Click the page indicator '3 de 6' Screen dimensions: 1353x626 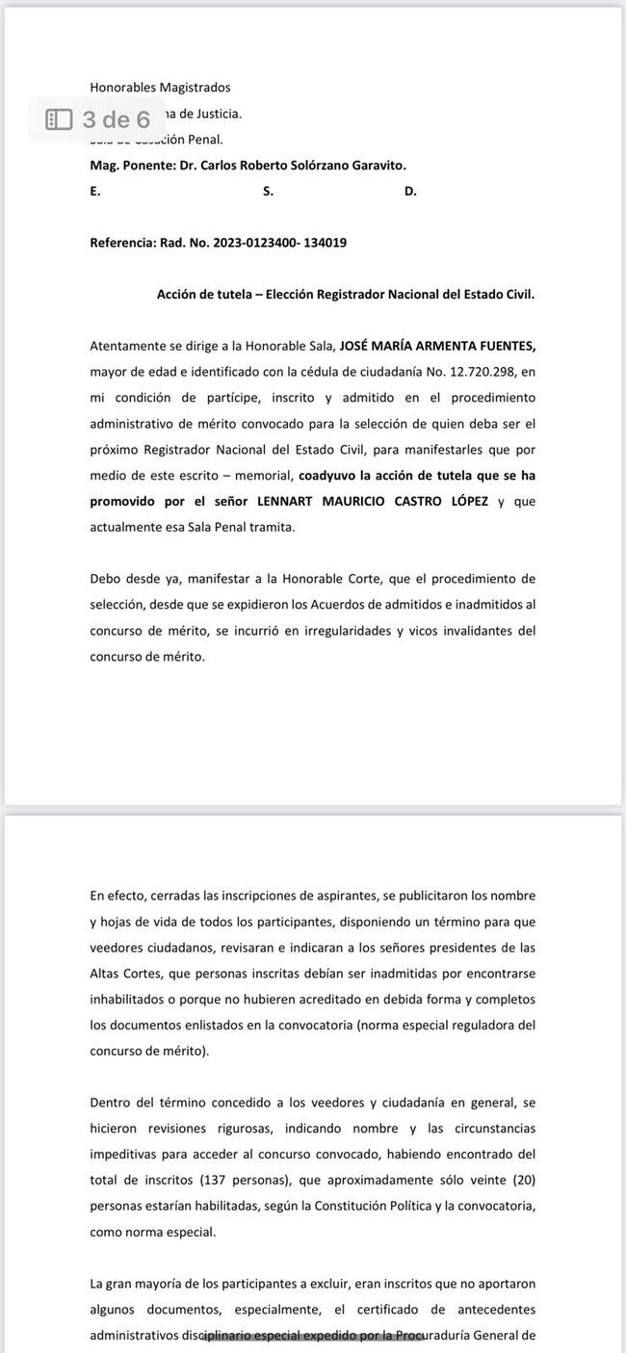tap(117, 119)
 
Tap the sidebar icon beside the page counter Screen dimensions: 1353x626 tap(60, 119)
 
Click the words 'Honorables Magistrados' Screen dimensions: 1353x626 tap(160, 88)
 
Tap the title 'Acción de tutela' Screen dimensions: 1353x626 tap(204, 295)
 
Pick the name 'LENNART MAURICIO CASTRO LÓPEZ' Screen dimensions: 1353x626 tap(372, 502)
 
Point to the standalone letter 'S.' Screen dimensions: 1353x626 tap(268, 191)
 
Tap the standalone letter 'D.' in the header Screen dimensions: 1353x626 tap(410, 191)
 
